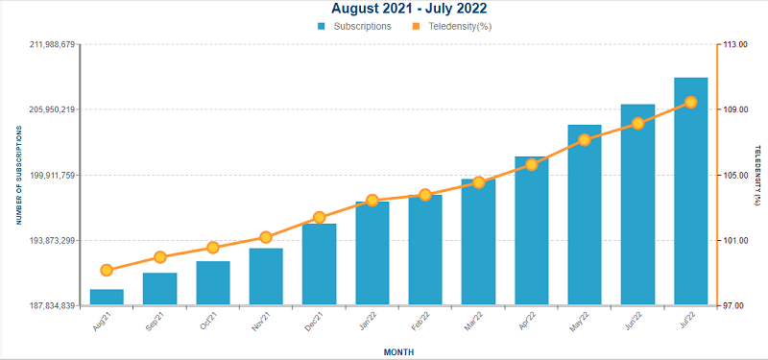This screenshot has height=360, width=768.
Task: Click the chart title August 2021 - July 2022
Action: (409, 9)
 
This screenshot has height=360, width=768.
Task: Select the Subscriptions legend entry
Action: (354, 27)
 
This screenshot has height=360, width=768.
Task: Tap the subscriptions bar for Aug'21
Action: (107, 298)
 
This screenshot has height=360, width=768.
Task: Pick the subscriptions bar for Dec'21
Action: (319, 265)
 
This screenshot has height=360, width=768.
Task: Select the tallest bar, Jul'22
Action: (690, 191)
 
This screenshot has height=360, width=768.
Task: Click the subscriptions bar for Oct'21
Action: (213, 283)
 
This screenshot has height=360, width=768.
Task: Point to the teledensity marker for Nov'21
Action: (266, 237)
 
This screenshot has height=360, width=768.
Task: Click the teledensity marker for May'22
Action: (585, 140)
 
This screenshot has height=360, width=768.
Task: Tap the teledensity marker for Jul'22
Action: (691, 103)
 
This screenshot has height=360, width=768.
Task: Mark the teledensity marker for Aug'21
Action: (107, 271)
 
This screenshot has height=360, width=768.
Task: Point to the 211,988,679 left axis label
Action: (52, 44)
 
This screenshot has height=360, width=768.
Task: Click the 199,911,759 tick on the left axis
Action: (52, 175)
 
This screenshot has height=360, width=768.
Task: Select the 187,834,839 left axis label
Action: (52, 305)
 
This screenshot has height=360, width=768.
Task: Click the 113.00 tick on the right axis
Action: (734, 44)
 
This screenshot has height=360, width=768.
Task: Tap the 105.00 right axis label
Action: (734, 176)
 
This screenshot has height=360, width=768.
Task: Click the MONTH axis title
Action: (398, 352)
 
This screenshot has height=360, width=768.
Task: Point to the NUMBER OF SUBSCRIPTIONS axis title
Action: (19, 175)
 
